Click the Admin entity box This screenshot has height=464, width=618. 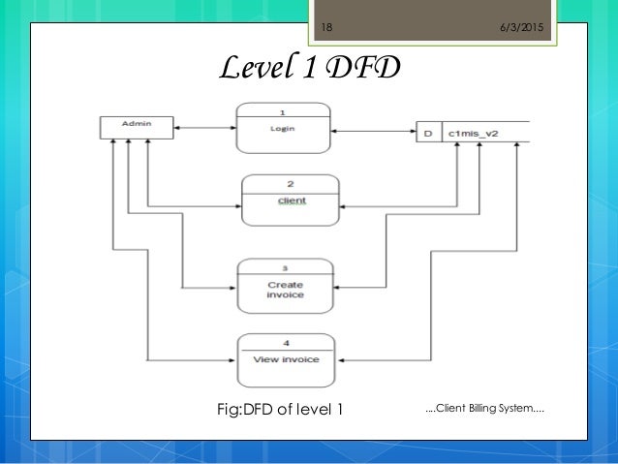click(137, 126)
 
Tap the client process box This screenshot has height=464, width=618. click(291, 199)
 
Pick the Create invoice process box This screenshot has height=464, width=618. click(286, 285)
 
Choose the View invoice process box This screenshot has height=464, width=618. click(287, 358)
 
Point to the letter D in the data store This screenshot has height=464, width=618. click(427, 132)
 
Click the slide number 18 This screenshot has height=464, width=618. click(326, 27)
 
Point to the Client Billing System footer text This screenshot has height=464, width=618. click(484, 408)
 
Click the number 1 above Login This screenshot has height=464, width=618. click(281, 109)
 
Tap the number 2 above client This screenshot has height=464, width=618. click(290, 182)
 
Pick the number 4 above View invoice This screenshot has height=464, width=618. click(287, 341)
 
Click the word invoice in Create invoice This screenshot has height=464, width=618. click(286, 294)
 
